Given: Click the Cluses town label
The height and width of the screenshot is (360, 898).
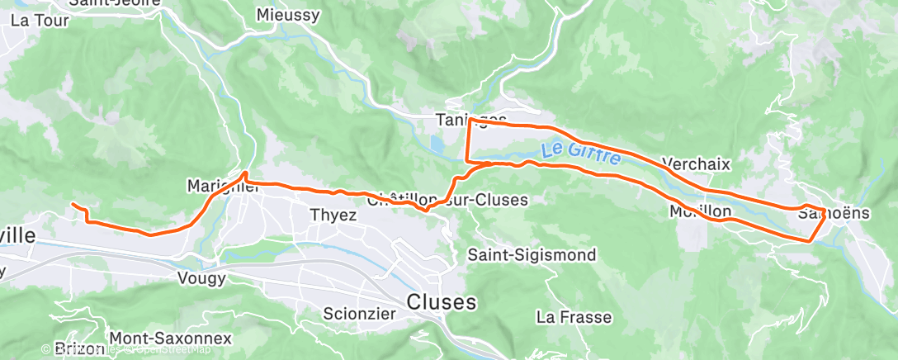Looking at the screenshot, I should [442, 302].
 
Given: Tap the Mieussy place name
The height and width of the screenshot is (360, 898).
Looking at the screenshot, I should [287, 15].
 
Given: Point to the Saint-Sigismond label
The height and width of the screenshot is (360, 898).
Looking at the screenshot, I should [531, 255].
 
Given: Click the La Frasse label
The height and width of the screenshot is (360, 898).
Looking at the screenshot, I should [574, 317].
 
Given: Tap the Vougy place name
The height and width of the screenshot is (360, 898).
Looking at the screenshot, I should [201, 279].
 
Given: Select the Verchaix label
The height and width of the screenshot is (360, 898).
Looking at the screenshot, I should [696, 163].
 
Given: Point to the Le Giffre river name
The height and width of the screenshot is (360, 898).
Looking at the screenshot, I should [581, 154].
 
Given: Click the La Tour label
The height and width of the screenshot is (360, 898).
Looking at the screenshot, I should [40, 21].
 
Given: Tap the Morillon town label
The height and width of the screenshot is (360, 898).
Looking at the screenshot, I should [701, 212].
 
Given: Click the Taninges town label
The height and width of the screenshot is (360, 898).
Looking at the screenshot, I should [470, 120].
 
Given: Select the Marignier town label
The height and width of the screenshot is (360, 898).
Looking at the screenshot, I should [223, 186].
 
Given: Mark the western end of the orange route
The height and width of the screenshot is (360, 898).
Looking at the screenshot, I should [73, 204].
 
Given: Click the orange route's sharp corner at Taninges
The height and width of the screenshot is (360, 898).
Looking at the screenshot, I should [470, 121].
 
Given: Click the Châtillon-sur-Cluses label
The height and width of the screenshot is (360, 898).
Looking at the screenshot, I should [447, 200].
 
